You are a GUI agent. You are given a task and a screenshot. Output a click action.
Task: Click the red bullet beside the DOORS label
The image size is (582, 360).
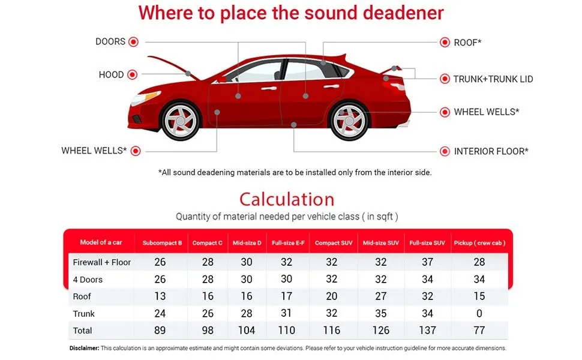tap(133, 42)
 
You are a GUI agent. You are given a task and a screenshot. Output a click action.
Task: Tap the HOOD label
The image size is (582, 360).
tap(111, 74)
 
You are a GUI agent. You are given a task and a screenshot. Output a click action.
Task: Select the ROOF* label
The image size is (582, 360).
tap(467, 43)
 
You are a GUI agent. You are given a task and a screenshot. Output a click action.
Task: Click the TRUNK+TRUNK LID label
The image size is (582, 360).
tap(493, 79)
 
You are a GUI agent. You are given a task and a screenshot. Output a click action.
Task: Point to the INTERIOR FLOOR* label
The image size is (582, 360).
tap(491, 151)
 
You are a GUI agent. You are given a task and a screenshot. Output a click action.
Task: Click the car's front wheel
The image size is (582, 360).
tap(181, 121)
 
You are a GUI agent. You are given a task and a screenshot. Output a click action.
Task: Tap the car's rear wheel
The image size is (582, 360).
tap(349, 121)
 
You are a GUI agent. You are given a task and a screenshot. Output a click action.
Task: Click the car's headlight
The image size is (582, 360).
tap(145, 98)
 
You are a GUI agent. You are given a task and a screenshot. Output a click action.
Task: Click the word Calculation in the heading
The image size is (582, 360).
tap(287, 199)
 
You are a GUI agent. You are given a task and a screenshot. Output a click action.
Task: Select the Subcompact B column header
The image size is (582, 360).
tap(162, 243)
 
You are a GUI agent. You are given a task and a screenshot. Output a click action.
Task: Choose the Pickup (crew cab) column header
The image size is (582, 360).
tap(479, 243)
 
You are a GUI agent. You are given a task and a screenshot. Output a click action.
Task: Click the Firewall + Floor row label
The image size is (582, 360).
tap(102, 262)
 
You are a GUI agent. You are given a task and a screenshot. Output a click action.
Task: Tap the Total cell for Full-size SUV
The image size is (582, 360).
tap(427, 331)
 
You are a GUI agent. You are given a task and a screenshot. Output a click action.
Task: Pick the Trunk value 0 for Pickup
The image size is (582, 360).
tap(479, 314)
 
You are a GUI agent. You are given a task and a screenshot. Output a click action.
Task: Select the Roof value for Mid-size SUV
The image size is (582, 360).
tap(381, 296)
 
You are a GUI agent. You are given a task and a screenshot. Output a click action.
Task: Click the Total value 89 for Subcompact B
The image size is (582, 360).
tap(160, 331)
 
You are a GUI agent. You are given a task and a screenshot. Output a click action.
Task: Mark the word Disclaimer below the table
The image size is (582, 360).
tap(84, 348)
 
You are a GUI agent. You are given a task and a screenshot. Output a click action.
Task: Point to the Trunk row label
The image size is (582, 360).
tap(83, 314)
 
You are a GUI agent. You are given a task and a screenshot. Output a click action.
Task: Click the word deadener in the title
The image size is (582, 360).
tap(403, 13)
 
